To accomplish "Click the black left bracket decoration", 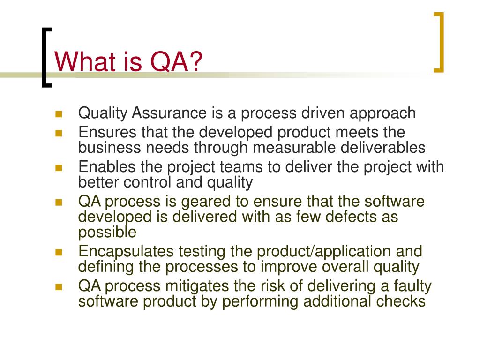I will pos(46,56).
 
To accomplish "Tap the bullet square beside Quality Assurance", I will pos(59,114).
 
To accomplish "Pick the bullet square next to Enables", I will pos(59,167).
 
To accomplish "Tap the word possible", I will pos(107,232).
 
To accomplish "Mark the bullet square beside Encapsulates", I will pos(59,252).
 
